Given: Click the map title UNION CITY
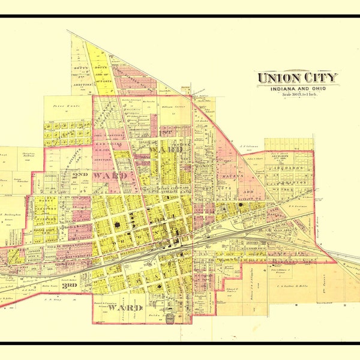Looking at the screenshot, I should [x=298, y=77].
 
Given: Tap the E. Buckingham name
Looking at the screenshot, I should [x=10, y=214].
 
